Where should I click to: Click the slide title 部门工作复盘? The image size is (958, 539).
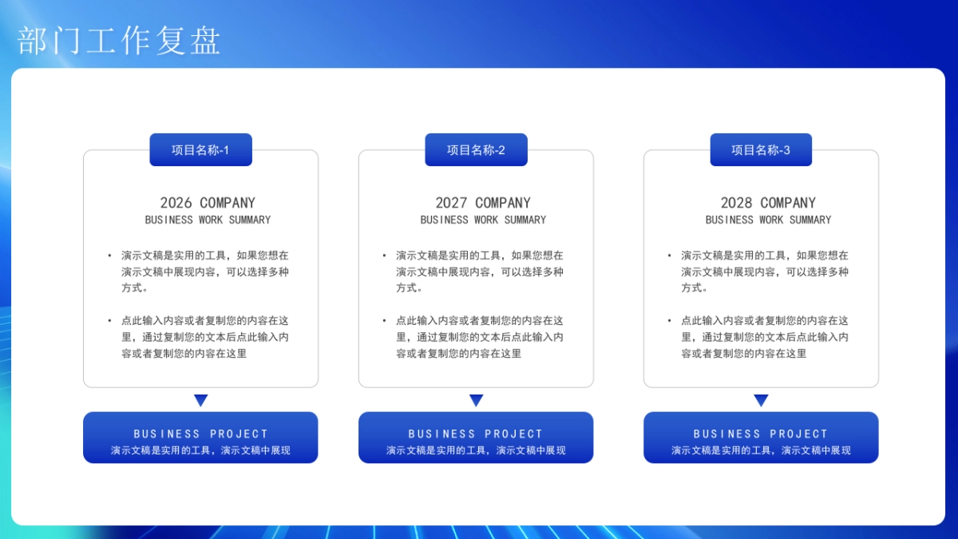pyautogui.click(x=119, y=41)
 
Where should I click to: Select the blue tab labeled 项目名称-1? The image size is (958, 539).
pyautogui.click(x=200, y=150)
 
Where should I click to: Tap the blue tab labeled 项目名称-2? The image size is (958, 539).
pyautogui.click(x=476, y=150)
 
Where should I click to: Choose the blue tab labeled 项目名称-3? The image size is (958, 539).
pyautogui.click(x=761, y=150)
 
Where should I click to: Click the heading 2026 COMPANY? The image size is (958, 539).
pyautogui.click(x=208, y=203)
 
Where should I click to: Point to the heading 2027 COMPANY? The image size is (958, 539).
pyautogui.click(x=483, y=203)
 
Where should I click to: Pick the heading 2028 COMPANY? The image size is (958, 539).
pyautogui.click(x=768, y=203)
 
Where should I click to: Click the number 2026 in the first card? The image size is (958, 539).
pyautogui.click(x=176, y=203)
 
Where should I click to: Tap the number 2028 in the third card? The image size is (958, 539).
pyautogui.click(x=736, y=203)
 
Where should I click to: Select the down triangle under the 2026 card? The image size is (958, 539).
pyautogui.click(x=200, y=400)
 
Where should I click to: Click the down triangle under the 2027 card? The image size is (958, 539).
pyautogui.click(x=476, y=400)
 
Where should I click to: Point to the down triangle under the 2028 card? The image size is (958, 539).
pyautogui.click(x=761, y=400)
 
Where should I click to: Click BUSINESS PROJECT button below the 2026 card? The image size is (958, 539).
pyautogui.click(x=200, y=438)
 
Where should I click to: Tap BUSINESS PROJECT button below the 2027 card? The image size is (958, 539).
pyautogui.click(x=476, y=438)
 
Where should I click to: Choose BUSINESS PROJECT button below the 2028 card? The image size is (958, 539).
pyautogui.click(x=761, y=438)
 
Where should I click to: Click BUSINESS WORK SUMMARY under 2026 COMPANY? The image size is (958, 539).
pyautogui.click(x=208, y=220)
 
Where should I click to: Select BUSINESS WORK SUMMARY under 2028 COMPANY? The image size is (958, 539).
pyautogui.click(x=768, y=220)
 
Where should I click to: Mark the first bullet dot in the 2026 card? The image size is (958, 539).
pyautogui.click(x=110, y=256)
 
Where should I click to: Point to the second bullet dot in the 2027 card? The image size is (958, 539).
pyautogui.click(x=385, y=320)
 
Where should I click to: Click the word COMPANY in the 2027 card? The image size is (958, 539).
pyautogui.click(x=503, y=203)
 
